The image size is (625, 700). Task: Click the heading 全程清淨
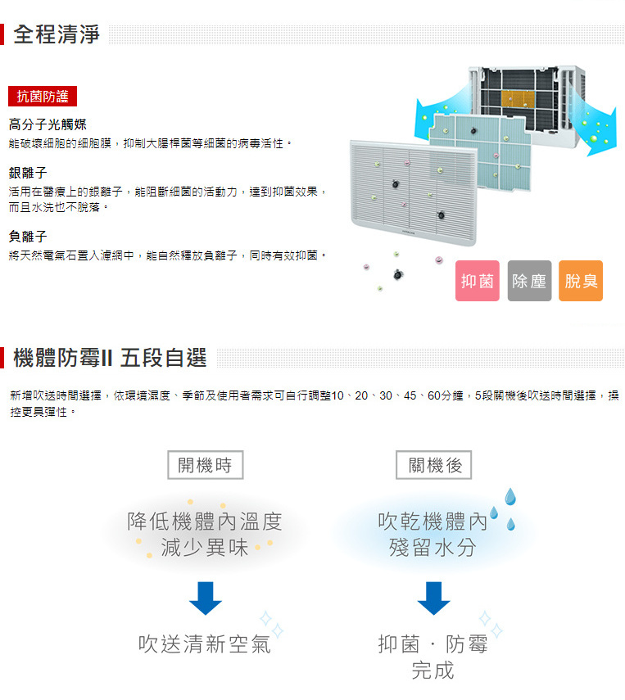pos(57,34)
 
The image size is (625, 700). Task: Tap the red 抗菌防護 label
pos(43,96)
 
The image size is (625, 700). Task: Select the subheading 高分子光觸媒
pos(48,124)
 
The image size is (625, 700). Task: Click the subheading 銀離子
pos(28,172)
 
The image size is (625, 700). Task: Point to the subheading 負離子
pos(28,236)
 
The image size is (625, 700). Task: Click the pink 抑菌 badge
pos(477,281)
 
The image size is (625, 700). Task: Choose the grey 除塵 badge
pos(529,281)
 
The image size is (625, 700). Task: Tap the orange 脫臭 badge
pos(581,281)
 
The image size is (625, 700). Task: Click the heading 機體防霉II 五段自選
pos(110,358)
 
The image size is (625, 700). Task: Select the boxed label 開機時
pos(206,465)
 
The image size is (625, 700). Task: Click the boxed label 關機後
pos(434,465)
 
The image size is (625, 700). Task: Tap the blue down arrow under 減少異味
pos(206,598)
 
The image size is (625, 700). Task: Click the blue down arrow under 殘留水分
pos(433,598)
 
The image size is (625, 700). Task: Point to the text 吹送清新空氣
pos(205,644)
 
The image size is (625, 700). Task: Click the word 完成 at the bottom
pos(433,670)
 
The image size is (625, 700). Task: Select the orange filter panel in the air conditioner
pos(518,99)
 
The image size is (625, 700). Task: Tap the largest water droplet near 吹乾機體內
pos(510,496)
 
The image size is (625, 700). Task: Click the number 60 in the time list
pos(434,395)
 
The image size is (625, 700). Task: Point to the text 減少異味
pos(205,548)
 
